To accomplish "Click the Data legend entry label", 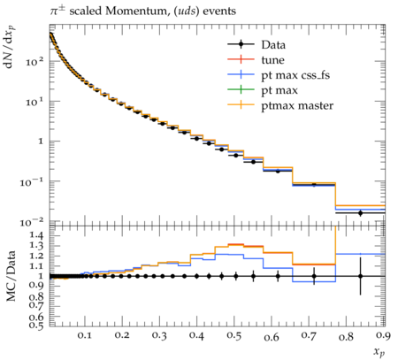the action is [x=273, y=45].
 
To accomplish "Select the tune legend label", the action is [x=272, y=60].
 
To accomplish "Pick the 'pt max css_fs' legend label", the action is [x=295, y=75].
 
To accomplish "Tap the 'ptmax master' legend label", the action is [x=297, y=105].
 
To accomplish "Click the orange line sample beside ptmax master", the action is [x=241, y=104].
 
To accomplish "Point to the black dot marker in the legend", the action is [x=241, y=44].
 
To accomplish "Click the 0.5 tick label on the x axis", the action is [x=234, y=336].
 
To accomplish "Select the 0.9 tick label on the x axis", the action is [x=383, y=336].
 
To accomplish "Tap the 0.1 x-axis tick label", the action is [x=85, y=336].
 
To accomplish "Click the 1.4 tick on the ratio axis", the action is [x=36, y=235].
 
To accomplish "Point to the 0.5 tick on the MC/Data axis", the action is [x=36, y=326].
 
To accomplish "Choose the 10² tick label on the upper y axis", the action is [x=34, y=61].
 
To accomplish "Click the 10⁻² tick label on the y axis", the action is [x=32, y=222].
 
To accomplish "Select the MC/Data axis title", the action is [x=11, y=276].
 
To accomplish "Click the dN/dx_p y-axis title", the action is [x=11, y=47].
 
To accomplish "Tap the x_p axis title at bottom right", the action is [x=379, y=352].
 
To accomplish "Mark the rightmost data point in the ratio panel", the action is [x=360, y=276].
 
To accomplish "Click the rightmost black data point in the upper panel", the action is [x=360, y=213].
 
